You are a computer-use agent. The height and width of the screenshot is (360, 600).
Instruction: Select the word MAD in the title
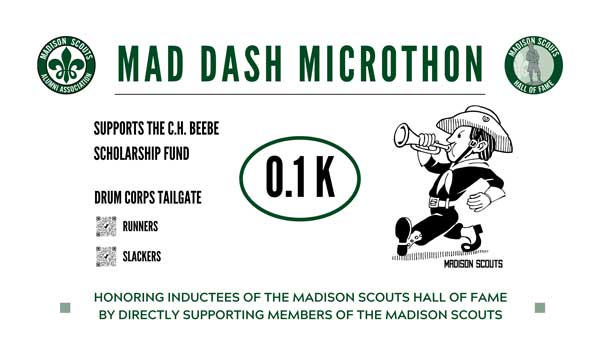147,66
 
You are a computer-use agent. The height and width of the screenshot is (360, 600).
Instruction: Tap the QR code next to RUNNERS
106,226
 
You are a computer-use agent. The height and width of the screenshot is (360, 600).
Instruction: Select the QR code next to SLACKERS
106,256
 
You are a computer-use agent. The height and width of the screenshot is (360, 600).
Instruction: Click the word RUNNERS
140,227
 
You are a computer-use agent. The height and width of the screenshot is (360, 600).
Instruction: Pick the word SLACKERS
142,257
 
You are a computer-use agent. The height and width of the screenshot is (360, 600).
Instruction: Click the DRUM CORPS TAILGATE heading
147,197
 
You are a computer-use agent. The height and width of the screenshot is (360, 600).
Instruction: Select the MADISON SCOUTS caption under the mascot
473,264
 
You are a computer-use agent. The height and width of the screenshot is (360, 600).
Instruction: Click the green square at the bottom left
65,308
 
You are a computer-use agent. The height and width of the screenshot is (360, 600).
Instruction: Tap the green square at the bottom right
539,308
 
